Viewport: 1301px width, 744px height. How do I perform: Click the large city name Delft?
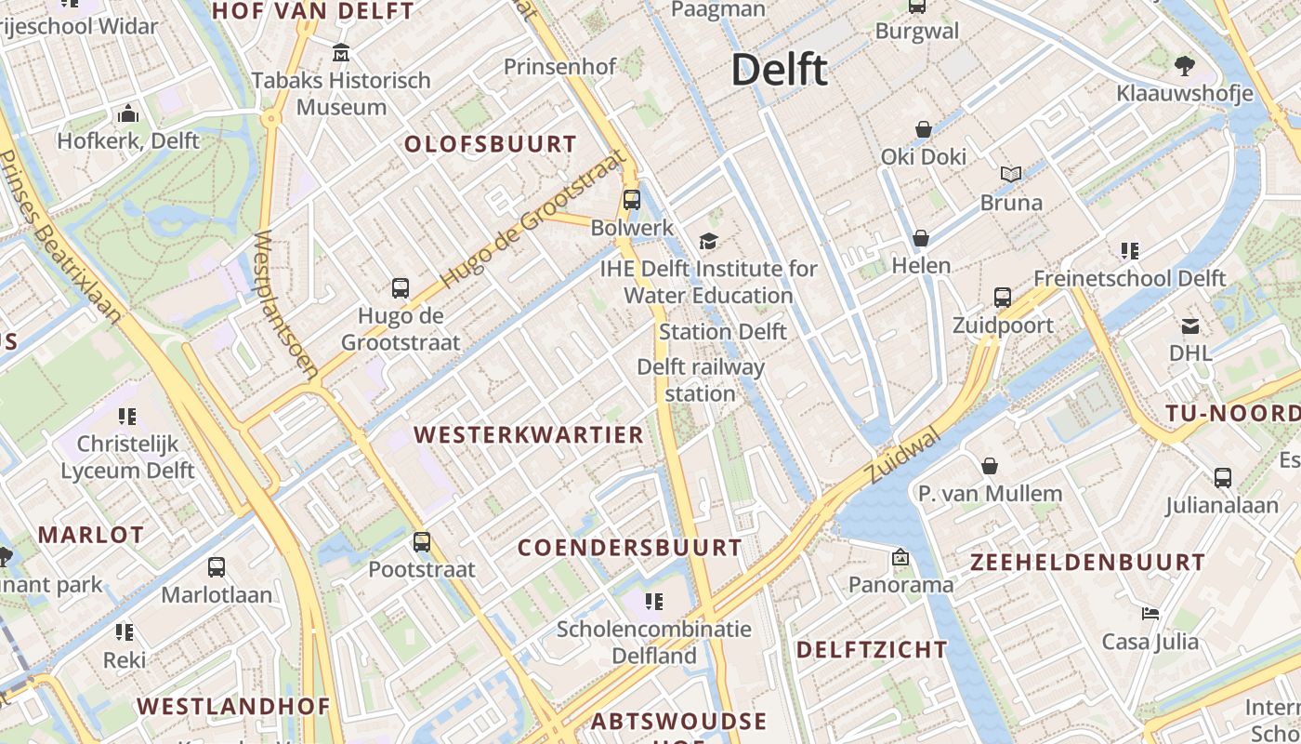point(779,70)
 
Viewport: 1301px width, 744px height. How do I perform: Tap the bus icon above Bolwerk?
point(632,199)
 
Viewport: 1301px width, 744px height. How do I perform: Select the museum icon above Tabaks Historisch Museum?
point(341,52)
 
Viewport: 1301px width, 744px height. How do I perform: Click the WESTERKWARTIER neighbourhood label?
point(529,435)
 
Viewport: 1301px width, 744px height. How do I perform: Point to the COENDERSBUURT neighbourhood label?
point(630,548)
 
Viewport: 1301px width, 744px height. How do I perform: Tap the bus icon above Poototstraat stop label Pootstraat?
point(422,541)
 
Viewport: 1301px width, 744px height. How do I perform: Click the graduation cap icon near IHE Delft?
point(708,242)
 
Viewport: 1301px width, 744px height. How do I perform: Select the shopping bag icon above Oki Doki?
point(924,129)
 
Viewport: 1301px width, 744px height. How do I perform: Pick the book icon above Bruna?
point(1011,174)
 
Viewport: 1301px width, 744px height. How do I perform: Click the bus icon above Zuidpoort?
point(1003,298)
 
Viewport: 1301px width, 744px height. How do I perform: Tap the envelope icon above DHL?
point(1190,325)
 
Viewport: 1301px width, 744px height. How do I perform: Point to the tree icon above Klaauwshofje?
point(1184,65)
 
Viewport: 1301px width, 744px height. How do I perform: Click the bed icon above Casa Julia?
point(1150,614)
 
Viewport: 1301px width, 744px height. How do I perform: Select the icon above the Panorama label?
point(900,557)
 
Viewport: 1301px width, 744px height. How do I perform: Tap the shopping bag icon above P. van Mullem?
point(990,465)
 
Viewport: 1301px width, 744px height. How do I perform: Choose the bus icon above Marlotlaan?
point(217,566)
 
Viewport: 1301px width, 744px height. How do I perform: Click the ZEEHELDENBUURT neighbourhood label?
point(1087,563)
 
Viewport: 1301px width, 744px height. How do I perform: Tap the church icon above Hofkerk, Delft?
point(128,114)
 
